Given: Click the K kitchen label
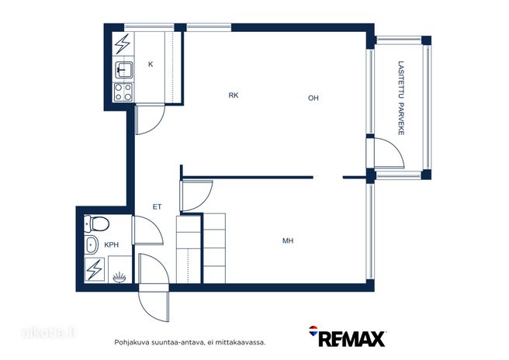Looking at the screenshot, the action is click(151, 64).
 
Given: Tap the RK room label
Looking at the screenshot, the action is click(234, 95).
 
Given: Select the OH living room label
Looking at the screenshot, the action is click(313, 98).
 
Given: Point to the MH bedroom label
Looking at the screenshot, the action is click(288, 241).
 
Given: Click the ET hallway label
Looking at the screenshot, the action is click(157, 207).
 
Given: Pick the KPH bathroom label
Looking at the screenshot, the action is click(112, 244).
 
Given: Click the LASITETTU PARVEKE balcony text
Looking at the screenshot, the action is click(401, 98).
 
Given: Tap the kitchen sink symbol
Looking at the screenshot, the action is click(123, 70).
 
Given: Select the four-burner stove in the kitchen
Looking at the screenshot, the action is click(123, 92).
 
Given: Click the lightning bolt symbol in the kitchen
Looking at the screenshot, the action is click(123, 43).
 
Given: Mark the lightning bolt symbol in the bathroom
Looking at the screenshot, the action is click(95, 269).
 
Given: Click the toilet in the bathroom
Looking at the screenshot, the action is click(96, 223).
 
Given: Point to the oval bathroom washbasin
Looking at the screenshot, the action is click(92, 244).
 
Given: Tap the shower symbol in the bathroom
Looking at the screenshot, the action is click(119, 277).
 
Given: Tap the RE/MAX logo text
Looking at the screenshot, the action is click(347, 337).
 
